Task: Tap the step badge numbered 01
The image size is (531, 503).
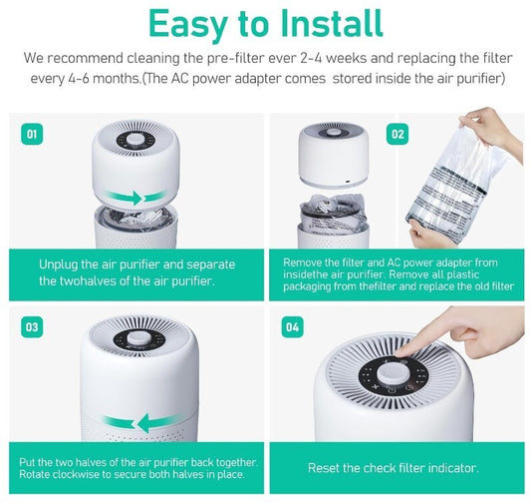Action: pos(31,133)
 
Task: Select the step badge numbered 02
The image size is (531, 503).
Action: pos(398,133)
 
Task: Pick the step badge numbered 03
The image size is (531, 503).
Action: pos(31,326)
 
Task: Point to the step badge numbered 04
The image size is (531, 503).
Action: pos(291,326)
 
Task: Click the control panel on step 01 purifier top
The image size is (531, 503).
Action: pos(137,142)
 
